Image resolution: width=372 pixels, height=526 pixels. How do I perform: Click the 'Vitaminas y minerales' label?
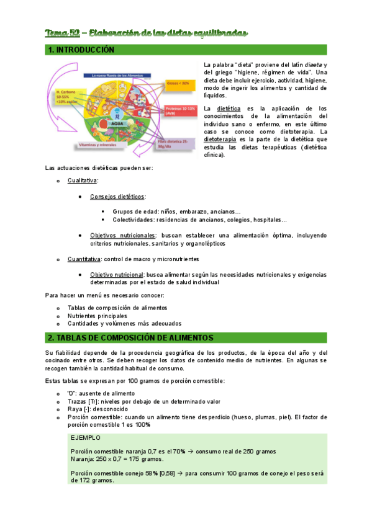[x=99, y=144]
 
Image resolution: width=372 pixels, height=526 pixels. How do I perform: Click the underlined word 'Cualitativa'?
[x=82, y=180]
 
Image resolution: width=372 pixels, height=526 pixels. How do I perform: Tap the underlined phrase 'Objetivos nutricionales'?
[x=122, y=236]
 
